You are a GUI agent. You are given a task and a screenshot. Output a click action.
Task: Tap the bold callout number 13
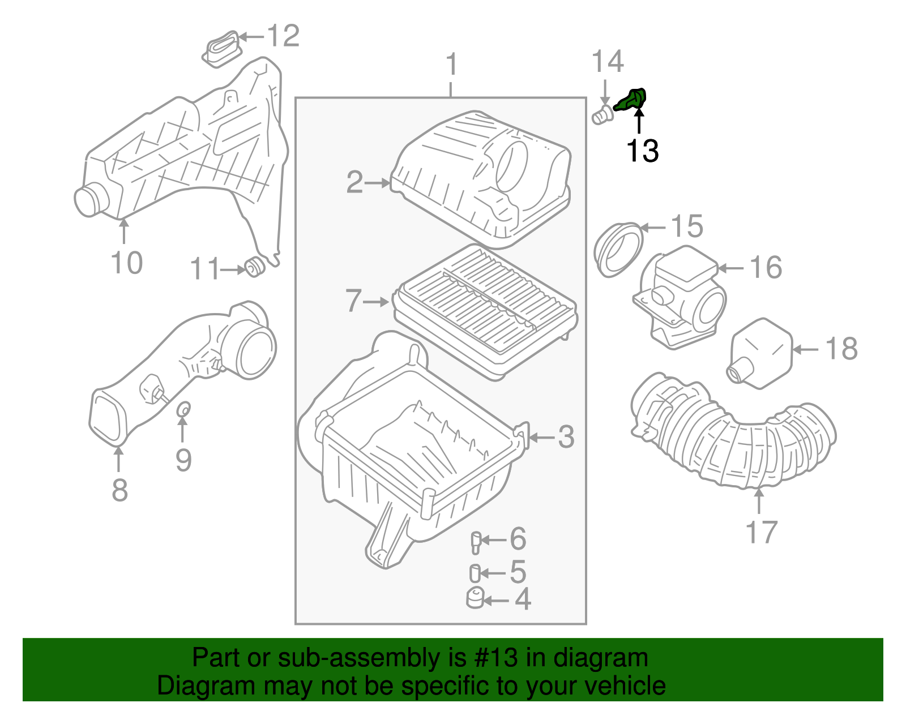point(642,151)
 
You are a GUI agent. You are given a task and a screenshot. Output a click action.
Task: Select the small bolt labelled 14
point(602,116)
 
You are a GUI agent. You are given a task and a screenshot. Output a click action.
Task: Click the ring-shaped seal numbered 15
point(618,250)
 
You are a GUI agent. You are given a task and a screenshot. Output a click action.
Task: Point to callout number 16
point(766,267)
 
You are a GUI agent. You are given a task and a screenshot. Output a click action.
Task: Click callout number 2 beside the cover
point(354,182)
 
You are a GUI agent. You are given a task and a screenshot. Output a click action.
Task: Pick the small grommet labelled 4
point(475,598)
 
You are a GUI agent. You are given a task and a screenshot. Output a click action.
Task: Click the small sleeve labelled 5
point(475,573)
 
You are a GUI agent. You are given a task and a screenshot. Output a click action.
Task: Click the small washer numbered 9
point(183,409)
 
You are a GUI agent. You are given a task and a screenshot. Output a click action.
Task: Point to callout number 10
point(126,263)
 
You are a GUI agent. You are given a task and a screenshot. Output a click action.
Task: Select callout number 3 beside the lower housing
point(566,437)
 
